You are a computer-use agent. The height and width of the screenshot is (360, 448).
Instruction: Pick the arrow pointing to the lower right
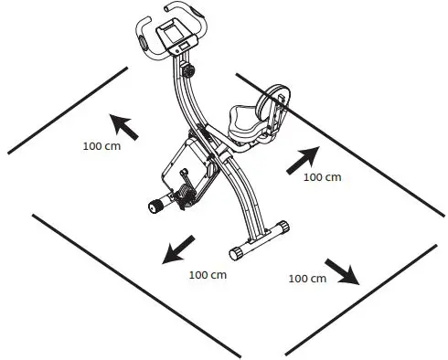point(342,271)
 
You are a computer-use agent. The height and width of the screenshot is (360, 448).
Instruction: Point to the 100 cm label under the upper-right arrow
point(321,177)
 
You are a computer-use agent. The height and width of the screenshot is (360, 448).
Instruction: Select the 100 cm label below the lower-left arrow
point(207,274)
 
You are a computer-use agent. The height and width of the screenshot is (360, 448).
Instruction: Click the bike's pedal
point(155,206)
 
